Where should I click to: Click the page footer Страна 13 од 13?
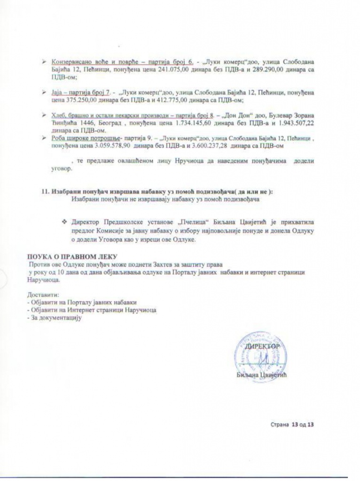tap(292, 425)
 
